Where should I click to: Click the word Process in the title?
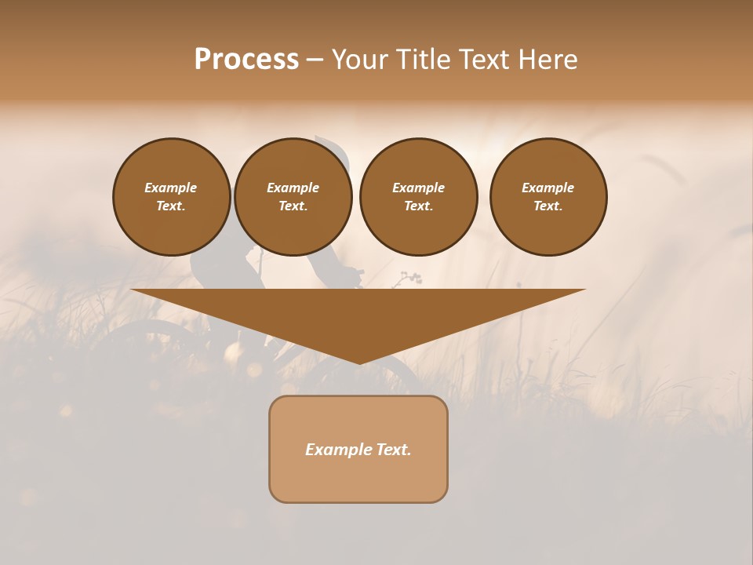tap(246, 60)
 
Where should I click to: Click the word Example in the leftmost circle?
tap(171, 188)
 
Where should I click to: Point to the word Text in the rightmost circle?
tap(547, 206)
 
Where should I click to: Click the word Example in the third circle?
tap(418, 188)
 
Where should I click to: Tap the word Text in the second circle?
tap(292, 206)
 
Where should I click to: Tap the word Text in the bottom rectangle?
tap(395, 450)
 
